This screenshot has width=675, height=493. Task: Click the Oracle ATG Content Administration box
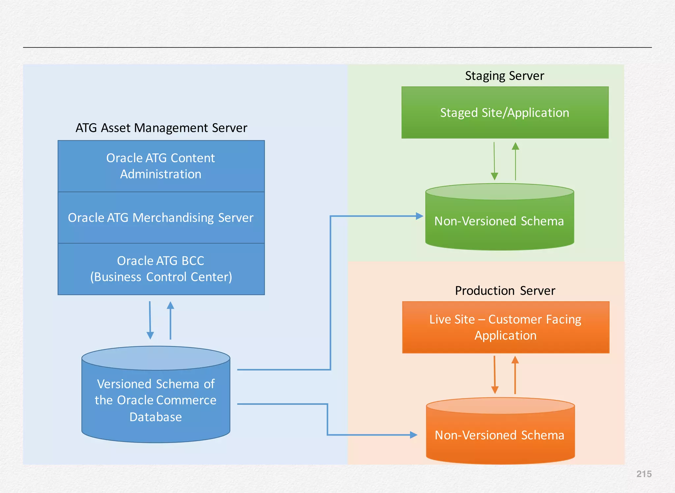point(161,166)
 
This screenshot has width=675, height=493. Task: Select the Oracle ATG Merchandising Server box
point(161,217)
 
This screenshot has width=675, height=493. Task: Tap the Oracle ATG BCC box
point(161,269)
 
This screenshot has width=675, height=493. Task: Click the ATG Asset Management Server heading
point(161,128)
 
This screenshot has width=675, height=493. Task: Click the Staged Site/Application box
point(505,113)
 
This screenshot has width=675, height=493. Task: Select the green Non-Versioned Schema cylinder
point(499,221)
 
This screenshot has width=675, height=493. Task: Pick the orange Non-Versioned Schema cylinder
point(500,435)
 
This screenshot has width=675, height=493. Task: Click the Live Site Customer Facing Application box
point(506,327)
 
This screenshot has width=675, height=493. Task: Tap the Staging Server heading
point(504,76)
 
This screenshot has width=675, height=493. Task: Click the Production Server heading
point(505,291)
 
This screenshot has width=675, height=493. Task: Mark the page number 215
point(644,474)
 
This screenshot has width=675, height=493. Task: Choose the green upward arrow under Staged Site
point(515,161)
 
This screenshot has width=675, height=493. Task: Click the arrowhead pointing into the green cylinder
point(419,216)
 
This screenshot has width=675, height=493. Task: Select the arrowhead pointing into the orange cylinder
point(413,435)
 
